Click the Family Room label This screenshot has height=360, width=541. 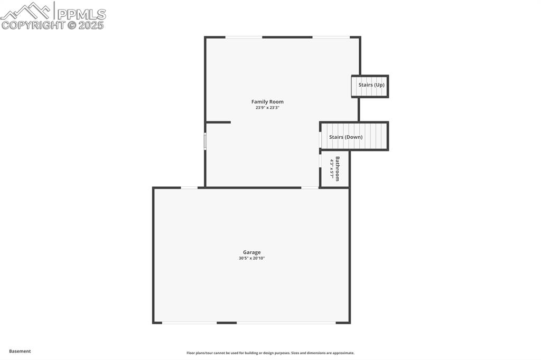click(267, 102)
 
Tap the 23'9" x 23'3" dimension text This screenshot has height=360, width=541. click(267, 108)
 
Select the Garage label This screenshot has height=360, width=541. click(251, 252)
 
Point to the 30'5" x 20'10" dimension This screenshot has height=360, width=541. click(251, 258)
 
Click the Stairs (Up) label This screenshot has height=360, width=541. click(371, 85)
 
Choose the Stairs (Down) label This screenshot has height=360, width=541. click(346, 137)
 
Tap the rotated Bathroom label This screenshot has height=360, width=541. click(338, 168)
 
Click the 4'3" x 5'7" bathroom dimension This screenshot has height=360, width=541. click(332, 168)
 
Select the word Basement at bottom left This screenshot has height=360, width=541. click(20, 351)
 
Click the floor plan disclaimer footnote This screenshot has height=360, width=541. click(270, 353)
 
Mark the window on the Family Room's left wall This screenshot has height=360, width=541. click(205, 141)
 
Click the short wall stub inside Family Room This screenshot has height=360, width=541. click(218, 122)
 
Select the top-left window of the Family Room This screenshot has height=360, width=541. click(244, 37)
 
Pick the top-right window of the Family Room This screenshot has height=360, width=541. click(331, 37)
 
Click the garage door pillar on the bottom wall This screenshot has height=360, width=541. click(227, 323)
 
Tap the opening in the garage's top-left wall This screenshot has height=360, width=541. click(189, 187)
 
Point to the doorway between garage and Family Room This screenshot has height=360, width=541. click(310, 187)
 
